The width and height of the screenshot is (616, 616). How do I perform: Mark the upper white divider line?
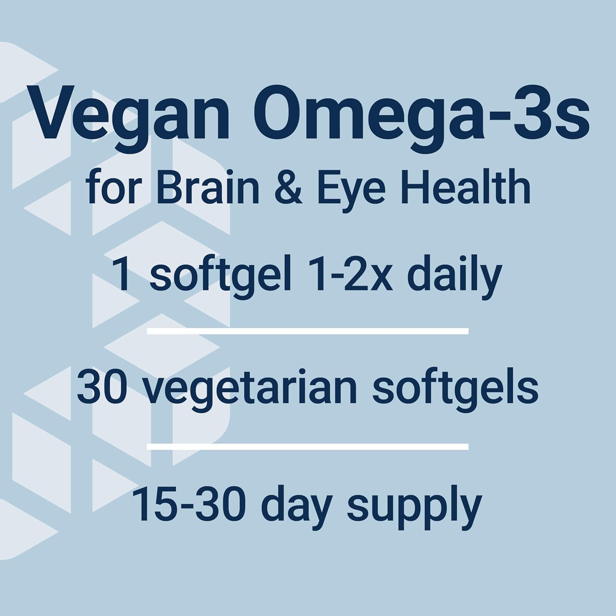coord(308,331)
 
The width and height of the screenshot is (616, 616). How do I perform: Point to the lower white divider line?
coord(308,447)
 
